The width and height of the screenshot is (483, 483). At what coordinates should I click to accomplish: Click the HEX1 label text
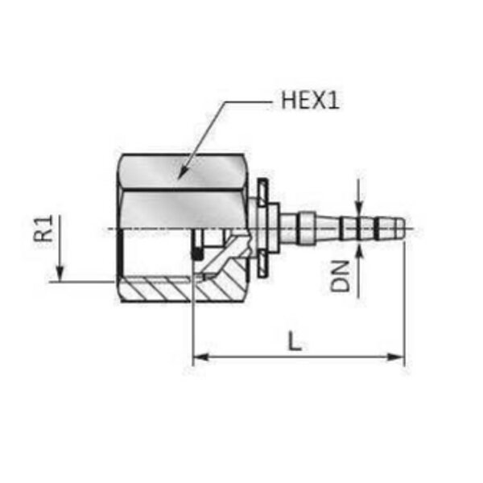coord(310,100)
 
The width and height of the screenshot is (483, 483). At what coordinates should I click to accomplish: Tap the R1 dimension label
coord(43,229)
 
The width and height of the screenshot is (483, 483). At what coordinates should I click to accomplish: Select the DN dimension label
coord(340,275)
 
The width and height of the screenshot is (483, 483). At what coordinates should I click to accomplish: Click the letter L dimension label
coord(295,341)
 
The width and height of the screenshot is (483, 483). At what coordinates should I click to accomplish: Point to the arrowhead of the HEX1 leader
coord(184,171)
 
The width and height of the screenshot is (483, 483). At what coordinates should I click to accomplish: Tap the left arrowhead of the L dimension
coord(200,357)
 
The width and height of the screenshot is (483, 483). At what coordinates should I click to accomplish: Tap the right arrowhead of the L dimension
coord(396,357)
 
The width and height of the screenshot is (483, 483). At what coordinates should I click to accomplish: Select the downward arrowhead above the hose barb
coord(358,207)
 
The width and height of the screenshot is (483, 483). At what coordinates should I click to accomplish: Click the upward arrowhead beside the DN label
coord(358,251)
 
